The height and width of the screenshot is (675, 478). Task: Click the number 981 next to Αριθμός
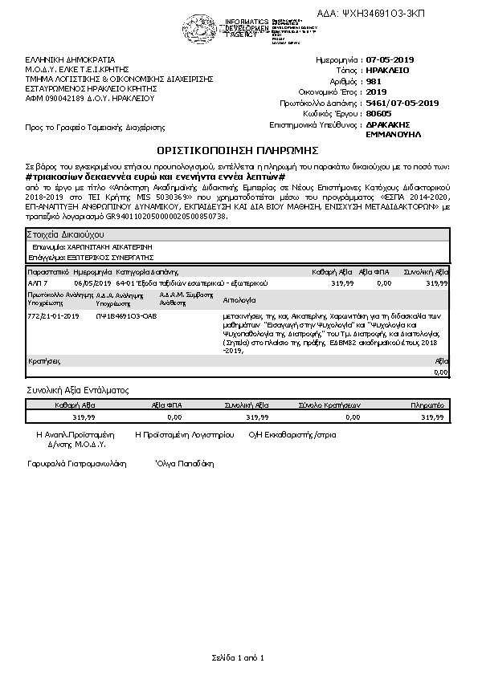[374, 81]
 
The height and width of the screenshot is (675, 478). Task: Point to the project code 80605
[378, 113]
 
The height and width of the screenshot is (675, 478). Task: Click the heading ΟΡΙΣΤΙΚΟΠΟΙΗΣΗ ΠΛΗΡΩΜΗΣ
[238, 150]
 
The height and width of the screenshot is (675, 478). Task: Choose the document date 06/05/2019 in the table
[92, 283]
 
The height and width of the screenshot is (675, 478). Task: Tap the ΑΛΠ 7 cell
[38, 283]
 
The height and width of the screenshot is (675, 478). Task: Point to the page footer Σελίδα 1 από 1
[238, 658]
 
